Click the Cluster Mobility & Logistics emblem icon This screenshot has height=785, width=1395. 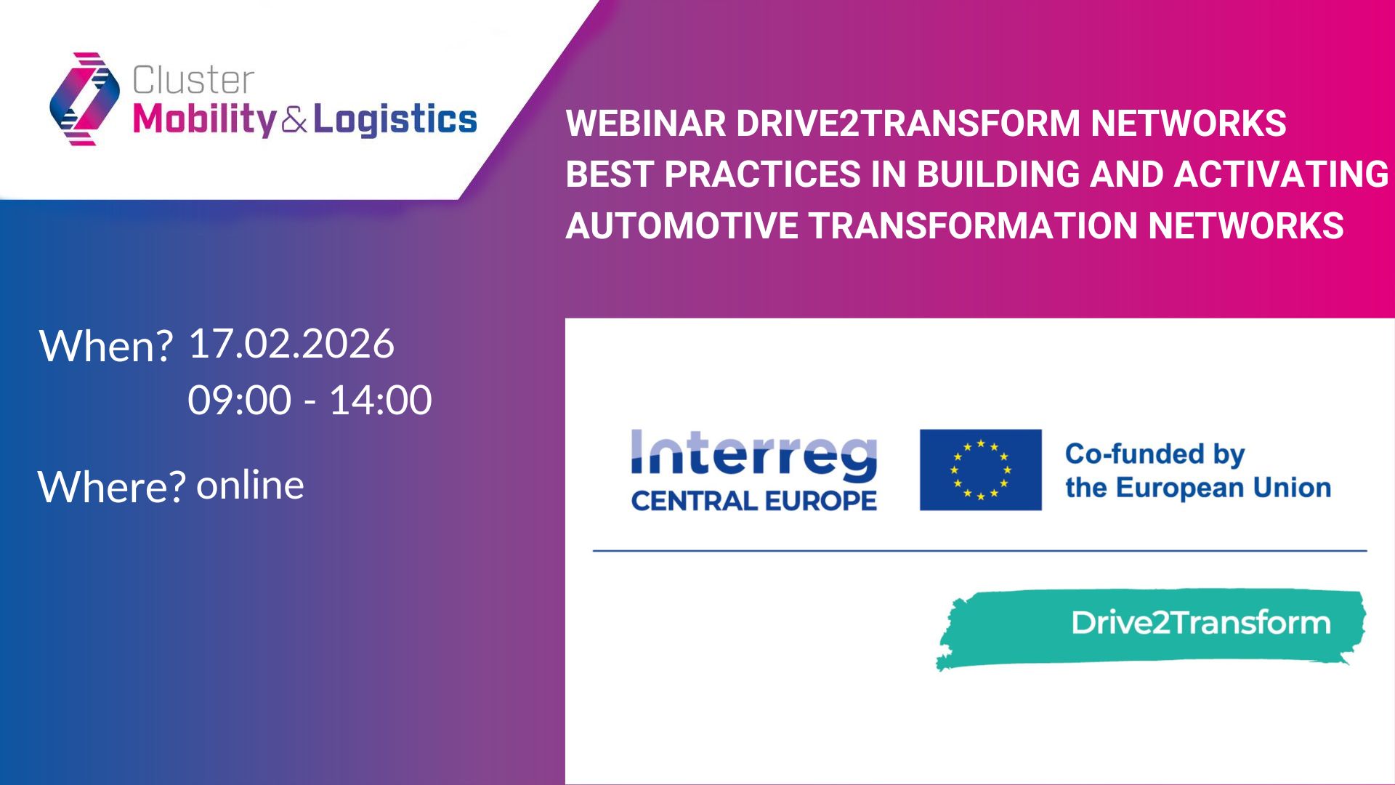click(x=85, y=99)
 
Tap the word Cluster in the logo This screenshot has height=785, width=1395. click(x=193, y=80)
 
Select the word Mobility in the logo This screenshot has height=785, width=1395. click(x=205, y=120)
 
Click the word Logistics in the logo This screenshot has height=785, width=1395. click(x=395, y=120)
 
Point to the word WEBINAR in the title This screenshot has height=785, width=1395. click(x=646, y=123)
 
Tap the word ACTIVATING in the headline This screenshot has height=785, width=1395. click(x=1281, y=174)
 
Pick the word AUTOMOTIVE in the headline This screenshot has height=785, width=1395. click(x=682, y=225)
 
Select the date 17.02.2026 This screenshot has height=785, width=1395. click(x=291, y=343)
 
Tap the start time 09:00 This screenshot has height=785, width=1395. click(x=239, y=400)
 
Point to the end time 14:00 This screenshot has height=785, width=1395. click(x=381, y=400)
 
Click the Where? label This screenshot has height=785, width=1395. click(x=111, y=486)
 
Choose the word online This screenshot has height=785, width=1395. click(x=250, y=485)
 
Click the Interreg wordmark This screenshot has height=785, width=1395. click(x=754, y=455)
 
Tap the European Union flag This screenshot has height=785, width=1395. click(x=980, y=470)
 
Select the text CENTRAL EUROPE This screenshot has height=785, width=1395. click(x=754, y=500)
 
